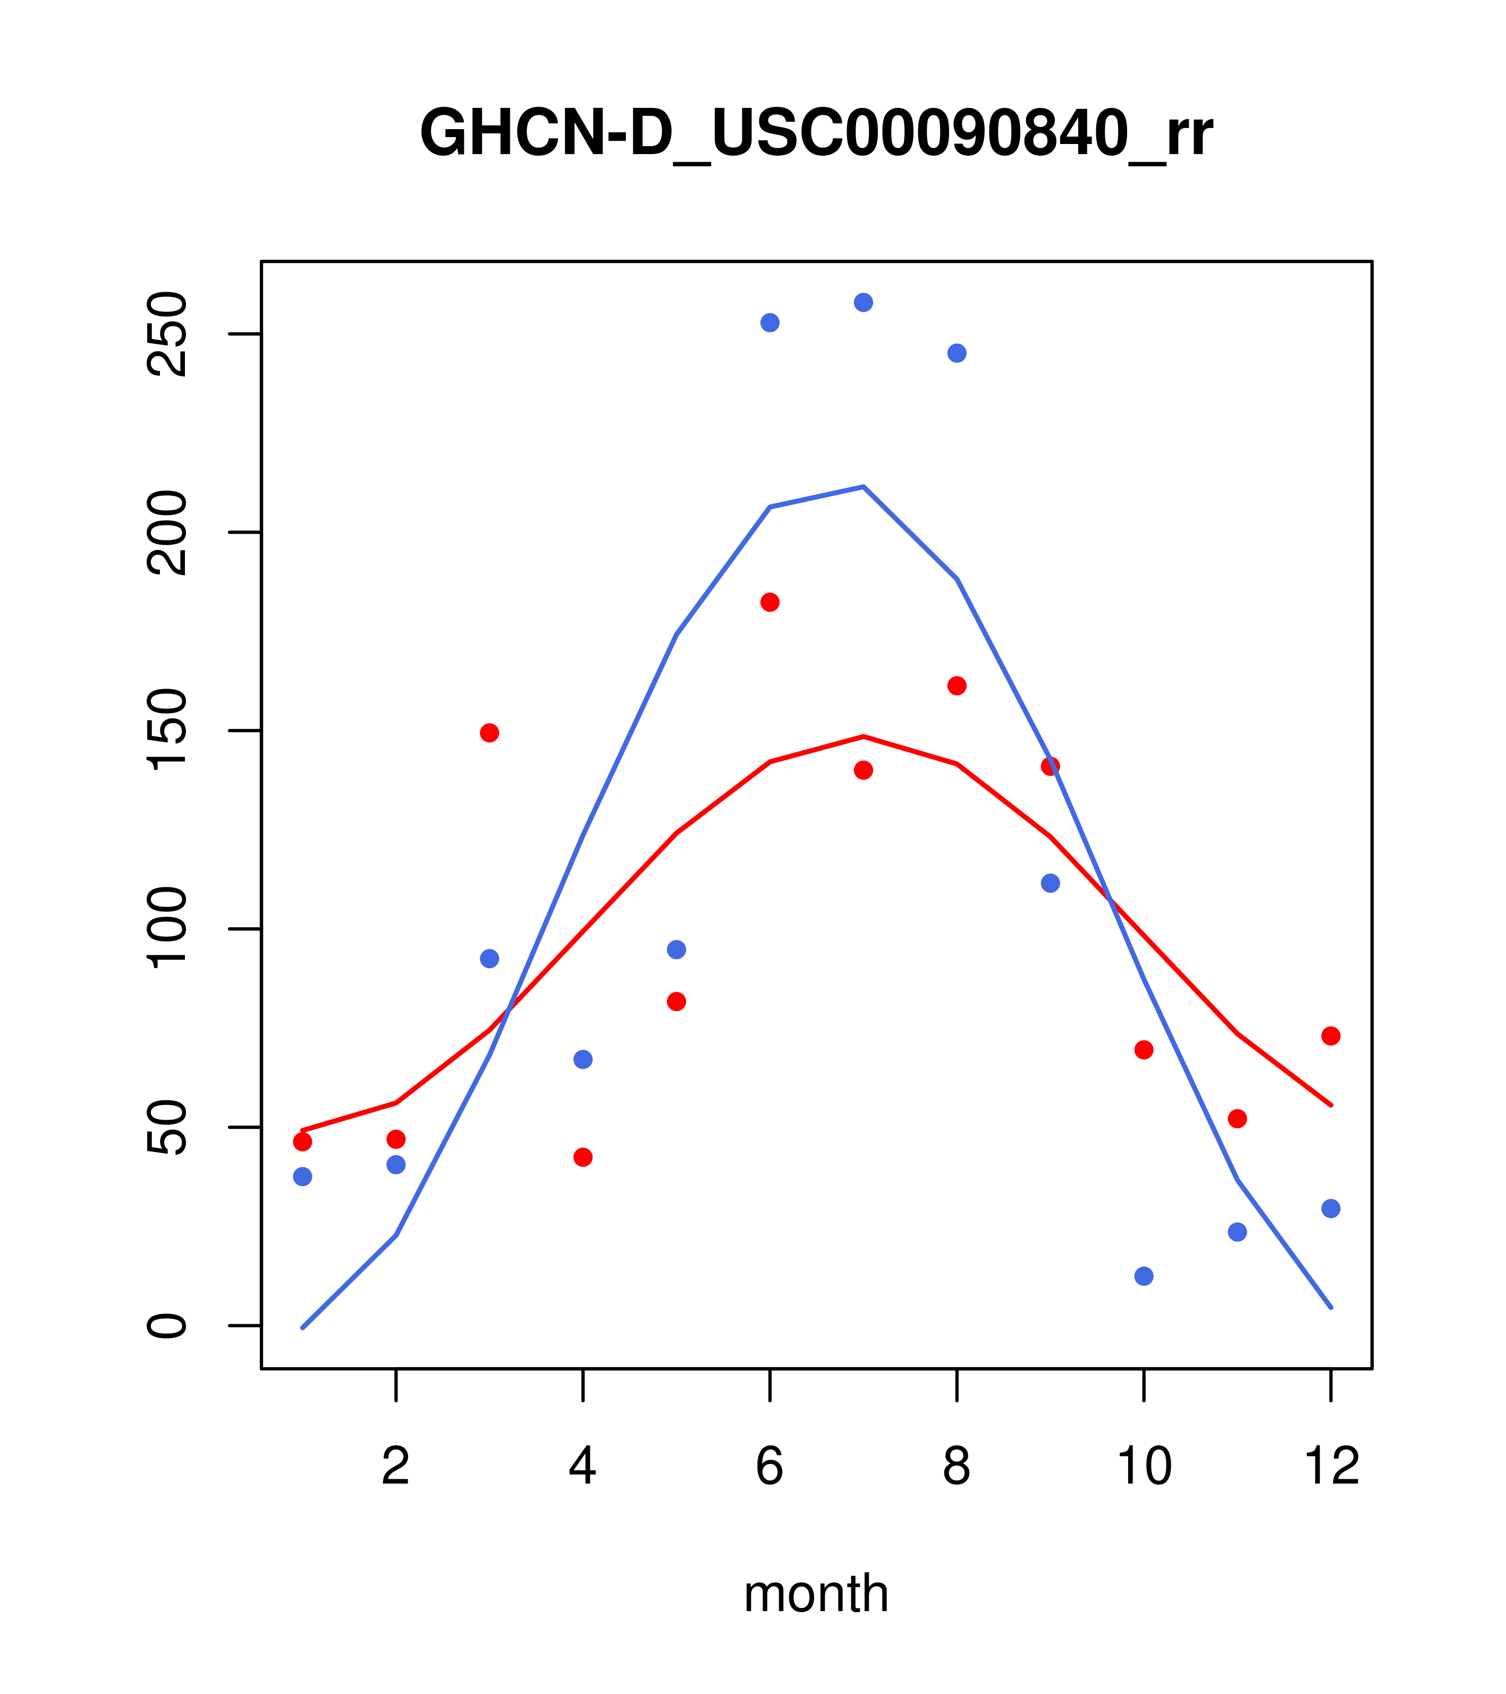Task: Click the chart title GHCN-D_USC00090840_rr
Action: [x=816, y=133]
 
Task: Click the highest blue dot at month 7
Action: [x=863, y=302]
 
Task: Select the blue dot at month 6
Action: [x=770, y=323]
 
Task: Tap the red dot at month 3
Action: [x=490, y=733]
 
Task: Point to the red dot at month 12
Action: [x=1331, y=1036]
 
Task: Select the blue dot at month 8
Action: [x=957, y=353]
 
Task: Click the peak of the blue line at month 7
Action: [x=863, y=487]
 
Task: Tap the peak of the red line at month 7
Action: [x=863, y=736]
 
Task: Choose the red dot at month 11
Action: [x=1238, y=1119]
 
